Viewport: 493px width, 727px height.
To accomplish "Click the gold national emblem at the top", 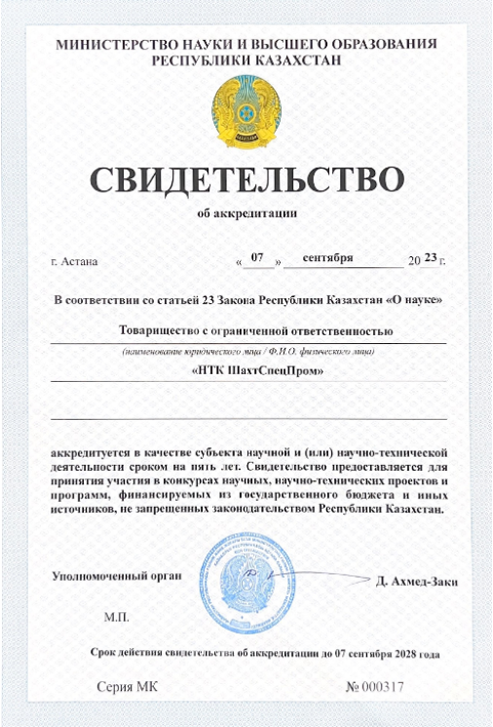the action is (246, 110).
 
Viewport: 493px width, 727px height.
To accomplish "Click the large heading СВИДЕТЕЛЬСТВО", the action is (246, 181).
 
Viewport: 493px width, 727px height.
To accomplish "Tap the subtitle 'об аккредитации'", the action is (246, 213).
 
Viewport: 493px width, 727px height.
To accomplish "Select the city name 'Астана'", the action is (78, 261).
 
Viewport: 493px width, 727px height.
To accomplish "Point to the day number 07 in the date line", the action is (257, 258).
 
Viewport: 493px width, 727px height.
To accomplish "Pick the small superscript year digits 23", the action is (432, 256).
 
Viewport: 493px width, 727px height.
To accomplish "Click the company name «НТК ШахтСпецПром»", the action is (246, 370).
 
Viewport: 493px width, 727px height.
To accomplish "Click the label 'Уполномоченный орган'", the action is (117, 576).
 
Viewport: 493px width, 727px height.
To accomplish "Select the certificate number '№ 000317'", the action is (375, 687).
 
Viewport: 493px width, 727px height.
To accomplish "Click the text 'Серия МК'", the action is (126, 687).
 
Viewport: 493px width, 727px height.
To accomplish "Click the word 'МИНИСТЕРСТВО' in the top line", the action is (118, 44).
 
